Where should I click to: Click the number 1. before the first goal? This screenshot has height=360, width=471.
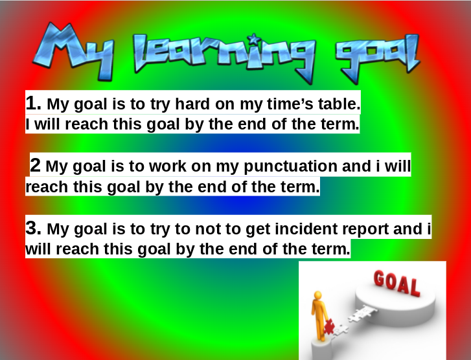pos(34,103)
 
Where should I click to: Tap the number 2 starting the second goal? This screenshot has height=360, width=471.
pos(36,166)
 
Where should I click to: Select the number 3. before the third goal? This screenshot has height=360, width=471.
pos(34,228)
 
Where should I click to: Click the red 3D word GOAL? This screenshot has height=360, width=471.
pos(396,283)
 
